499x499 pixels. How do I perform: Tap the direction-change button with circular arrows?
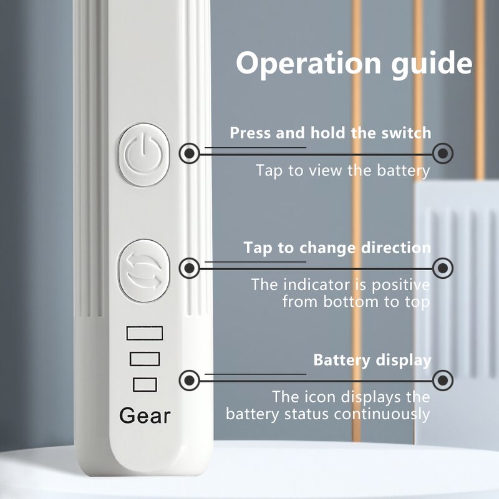[144, 270]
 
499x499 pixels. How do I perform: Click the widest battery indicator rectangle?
[145, 333]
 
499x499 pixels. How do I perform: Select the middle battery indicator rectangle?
[145, 359]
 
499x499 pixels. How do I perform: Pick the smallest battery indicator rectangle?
[145, 384]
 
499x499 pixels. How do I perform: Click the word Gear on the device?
[145, 415]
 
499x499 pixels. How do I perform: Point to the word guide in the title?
[432, 64]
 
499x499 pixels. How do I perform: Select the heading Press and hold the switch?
[331, 133]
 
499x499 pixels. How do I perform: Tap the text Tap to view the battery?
[343, 170]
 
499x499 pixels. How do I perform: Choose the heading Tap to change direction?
[337, 248]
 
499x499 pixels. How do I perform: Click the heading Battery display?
[372, 361]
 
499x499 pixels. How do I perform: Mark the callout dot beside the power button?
[190, 153]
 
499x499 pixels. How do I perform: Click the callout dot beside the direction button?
[190, 268]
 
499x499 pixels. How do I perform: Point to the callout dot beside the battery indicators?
[190, 380]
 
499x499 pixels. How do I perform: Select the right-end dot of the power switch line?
[443, 153]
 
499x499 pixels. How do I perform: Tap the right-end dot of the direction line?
[443, 268]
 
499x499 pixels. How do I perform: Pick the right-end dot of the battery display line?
[443, 380]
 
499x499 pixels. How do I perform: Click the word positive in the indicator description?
[400, 285]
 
